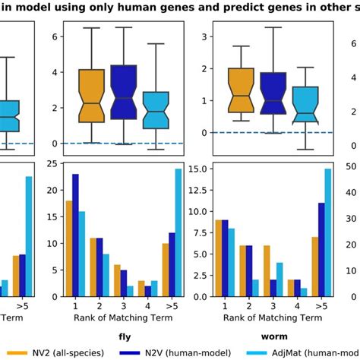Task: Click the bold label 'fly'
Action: coord(124,333)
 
